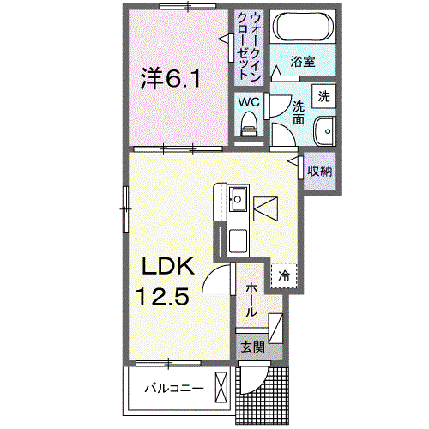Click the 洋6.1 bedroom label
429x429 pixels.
coord(171,78)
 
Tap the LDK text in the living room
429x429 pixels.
coord(168,266)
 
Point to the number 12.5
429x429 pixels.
coord(162,297)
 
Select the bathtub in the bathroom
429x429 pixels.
coord(303,27)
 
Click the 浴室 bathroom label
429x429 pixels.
coord(303,61)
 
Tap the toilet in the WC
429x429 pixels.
coord(249,124)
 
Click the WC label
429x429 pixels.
coord(249,102)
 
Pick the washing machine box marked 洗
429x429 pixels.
coord(323,96)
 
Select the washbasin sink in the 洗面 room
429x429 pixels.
coord(324,131)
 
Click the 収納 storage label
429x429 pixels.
coord(319,171)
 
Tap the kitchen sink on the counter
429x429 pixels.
coord(238,199)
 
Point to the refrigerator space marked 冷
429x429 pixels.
coord(284,275)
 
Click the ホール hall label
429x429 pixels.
coord(251,299)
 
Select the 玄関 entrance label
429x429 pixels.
coord(253,347)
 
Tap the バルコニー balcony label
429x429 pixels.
coord(174,389)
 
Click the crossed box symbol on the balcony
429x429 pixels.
coord(221,388)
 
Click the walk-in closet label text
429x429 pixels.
coord(249,47)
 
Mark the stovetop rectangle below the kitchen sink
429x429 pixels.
coord(238,241)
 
